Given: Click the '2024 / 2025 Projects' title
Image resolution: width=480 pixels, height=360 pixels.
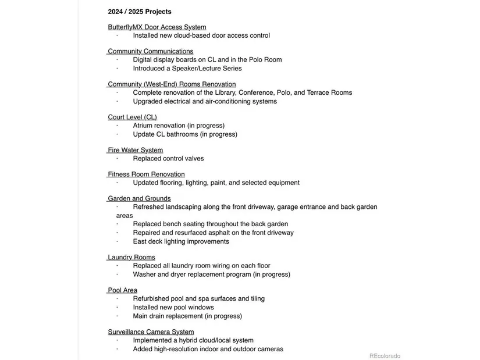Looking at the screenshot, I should [x=140, y=12].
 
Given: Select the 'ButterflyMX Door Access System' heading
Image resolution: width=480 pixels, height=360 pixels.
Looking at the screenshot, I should [x=157, y=27].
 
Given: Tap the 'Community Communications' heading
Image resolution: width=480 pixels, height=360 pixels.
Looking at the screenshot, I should [x=151, y=52].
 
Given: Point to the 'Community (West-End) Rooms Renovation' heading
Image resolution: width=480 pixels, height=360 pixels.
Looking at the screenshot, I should [x=172, y=84].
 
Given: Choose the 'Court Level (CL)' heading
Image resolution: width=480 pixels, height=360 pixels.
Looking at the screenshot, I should [x=133, y=117].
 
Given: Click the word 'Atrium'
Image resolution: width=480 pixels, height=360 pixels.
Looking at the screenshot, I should [x=143, y=126].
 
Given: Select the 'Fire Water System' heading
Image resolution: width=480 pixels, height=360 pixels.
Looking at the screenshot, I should [x=136, y=150].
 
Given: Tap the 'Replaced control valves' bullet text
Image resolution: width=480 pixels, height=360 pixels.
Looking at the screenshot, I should [x=168, y=159].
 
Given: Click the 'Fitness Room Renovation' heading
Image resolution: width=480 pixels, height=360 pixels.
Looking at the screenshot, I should [x=147, y=174].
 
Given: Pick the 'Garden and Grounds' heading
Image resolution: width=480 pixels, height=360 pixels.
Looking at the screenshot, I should [x=140, y=199].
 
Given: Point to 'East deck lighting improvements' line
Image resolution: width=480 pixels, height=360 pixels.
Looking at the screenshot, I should [x=181, y=242].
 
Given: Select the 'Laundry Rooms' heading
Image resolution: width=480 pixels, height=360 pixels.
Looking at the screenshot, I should [x=132, y=258].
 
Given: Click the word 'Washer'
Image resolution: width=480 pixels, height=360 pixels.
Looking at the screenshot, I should [x=144, y=275].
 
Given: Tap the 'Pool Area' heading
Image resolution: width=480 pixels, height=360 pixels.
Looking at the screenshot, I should [x=123, y=290].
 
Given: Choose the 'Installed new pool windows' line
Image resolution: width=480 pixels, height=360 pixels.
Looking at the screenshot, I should [x=173, y=308].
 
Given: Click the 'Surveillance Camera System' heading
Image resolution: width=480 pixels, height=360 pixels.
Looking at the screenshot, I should [x=151, y=332].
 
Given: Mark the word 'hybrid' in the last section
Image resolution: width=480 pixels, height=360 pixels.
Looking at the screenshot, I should [x=189, y=341].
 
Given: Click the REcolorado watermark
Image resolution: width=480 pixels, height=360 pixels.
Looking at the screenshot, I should [x=385, y=356].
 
